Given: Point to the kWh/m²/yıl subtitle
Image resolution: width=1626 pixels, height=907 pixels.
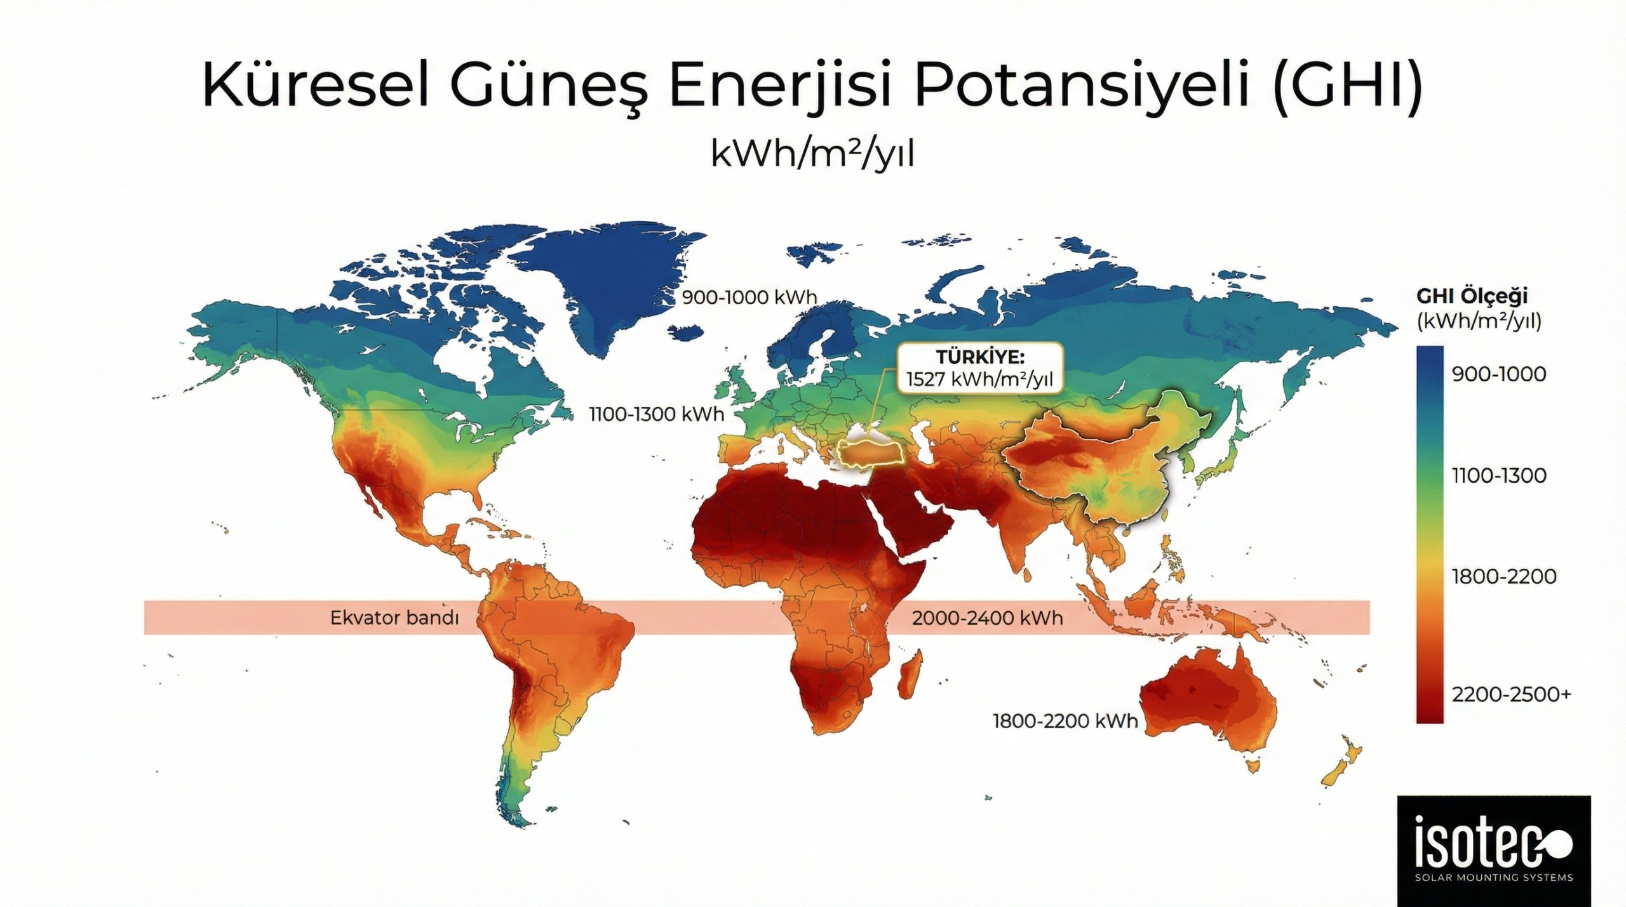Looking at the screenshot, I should [x=812, y=154].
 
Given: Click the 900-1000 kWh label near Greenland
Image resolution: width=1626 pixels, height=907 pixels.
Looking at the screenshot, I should [x=749, y=297].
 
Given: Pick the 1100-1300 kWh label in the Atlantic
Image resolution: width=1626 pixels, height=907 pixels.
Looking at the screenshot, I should [x=656, y=414].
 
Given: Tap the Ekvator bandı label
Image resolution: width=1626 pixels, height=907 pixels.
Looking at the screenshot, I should [x=394, y=618].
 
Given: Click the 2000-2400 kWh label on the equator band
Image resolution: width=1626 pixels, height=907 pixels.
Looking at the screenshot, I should [x=987, y=618].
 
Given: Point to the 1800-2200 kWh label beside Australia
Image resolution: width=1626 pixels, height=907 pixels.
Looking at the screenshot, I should [x=1065, y=721].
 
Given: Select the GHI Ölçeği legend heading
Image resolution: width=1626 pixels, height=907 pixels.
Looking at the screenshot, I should [x=1472, y=296].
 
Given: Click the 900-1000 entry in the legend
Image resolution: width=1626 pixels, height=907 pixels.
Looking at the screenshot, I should [x=1498, y=374].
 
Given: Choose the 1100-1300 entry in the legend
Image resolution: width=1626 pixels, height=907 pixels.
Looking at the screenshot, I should [x=1498, y=475].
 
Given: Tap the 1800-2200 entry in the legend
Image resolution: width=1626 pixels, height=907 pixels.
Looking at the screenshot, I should [x=1503, y=577].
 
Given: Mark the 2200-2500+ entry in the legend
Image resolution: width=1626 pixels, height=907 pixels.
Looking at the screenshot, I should [x=1510, y=694].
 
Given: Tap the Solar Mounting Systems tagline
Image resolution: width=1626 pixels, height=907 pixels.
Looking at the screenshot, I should [x=1493, y=878].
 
